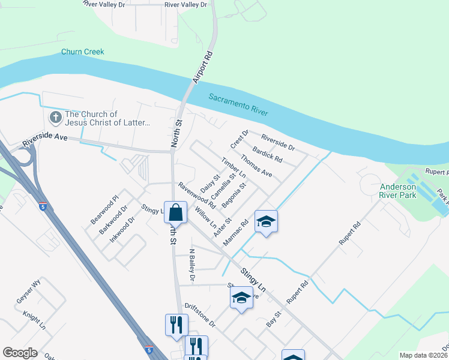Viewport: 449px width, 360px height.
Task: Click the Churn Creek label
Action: [82, 52]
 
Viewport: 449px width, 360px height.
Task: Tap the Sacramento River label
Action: [238, 104]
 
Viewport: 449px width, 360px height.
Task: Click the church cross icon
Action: [55, 118]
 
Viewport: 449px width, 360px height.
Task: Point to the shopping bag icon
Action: [175, 213]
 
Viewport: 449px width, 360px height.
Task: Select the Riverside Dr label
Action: [278, 143]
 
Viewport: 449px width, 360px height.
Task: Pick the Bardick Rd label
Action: [267, 155]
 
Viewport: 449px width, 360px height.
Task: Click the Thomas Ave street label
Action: [256, 166]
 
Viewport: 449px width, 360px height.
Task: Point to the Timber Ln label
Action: [234, 167]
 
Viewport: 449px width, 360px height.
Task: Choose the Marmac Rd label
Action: [235, 233]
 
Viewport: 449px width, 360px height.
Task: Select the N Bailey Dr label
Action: [192, 265]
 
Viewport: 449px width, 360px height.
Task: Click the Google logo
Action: [20, 353]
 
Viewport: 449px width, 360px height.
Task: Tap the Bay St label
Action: [274, 319]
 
